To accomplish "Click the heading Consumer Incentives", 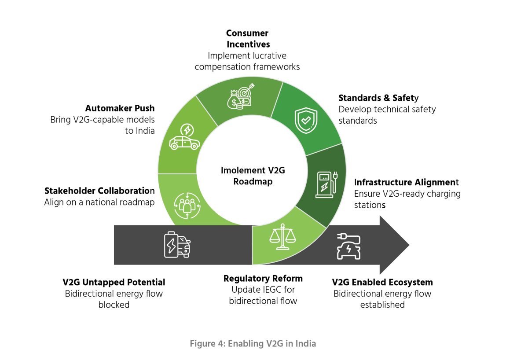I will [x=248, y=39].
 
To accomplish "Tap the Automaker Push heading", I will [x=120, y=108].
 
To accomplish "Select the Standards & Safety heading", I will [x=378, y=98].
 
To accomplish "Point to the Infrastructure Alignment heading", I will [x=407, y=182].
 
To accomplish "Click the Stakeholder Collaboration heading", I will [x=99, y=191].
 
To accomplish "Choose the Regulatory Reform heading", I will [x=263, y=279].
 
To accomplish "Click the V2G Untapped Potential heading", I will [x=114, y=282].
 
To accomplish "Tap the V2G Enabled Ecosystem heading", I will [x=382, y=282].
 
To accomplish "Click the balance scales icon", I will [x=282, y=236].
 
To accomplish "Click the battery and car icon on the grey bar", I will [x=177, y=244].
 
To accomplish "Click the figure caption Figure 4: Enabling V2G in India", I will [x=253, y=343].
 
